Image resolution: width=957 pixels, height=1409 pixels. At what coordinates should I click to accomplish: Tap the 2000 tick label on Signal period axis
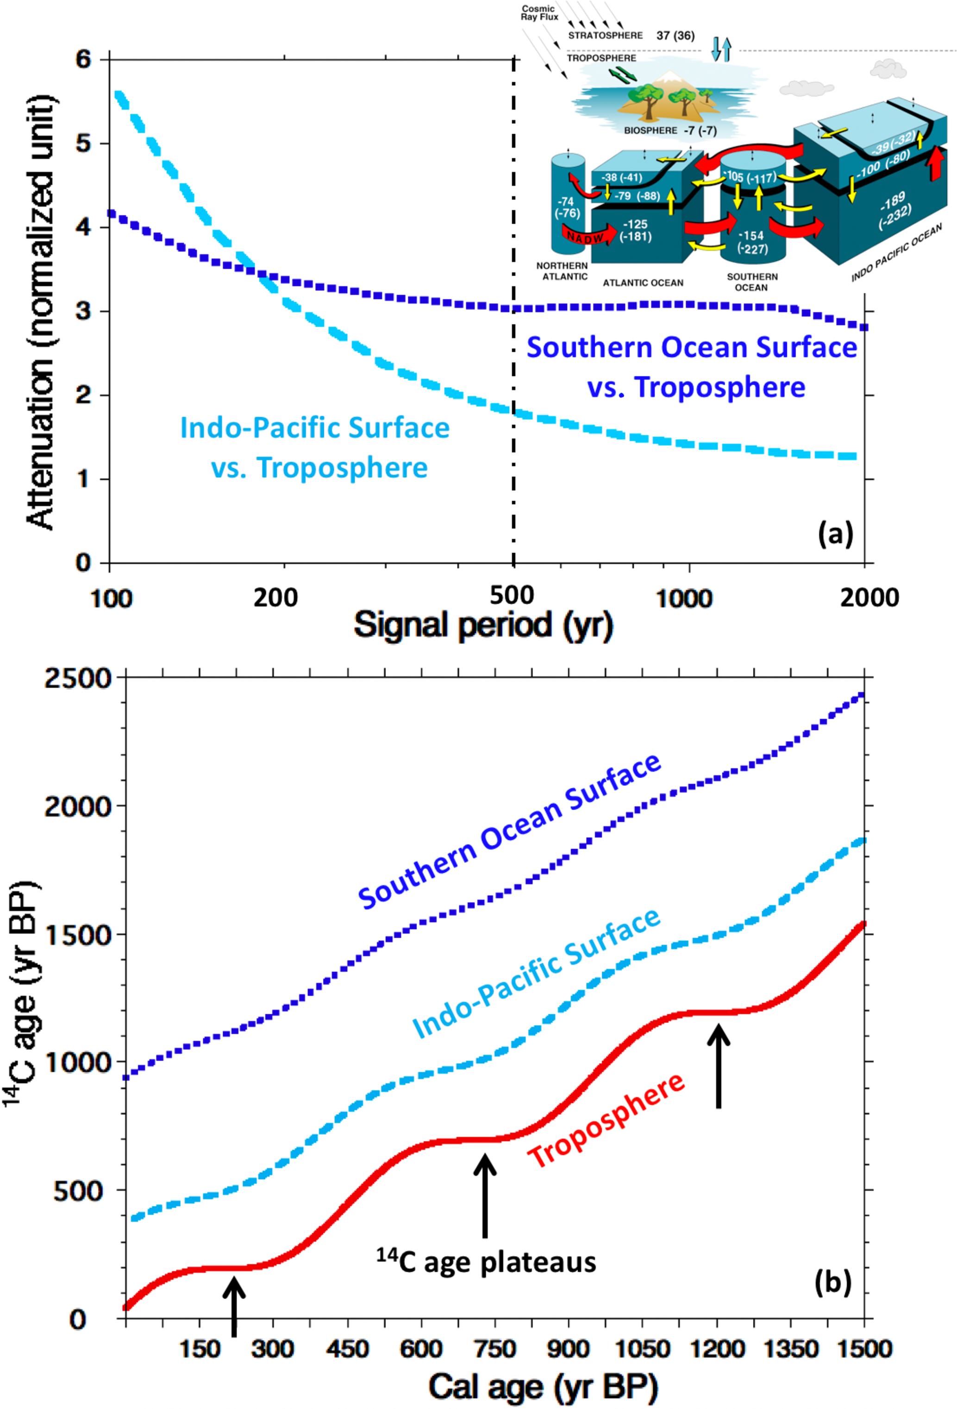(x=869, y=598)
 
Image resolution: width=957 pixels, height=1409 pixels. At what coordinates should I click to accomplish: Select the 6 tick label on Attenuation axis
(x=83, y=59)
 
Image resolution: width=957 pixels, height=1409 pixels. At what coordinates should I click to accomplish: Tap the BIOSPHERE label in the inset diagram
(x=651, y=130)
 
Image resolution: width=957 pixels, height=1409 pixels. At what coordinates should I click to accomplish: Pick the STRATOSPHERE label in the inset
(x=605, y=35)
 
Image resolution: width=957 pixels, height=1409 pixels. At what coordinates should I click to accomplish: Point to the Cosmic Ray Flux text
(x=539, y=13)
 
